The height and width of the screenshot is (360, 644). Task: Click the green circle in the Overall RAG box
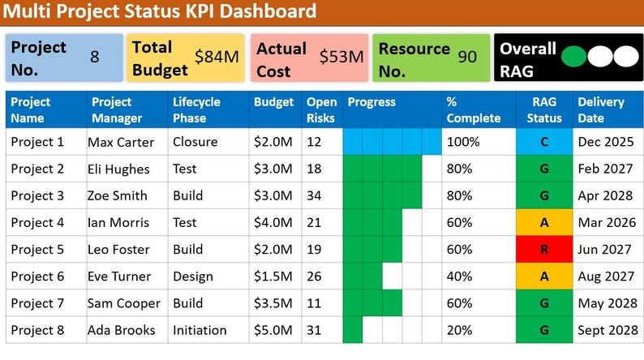coord(574,57)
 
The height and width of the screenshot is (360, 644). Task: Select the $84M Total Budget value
coord(217,57)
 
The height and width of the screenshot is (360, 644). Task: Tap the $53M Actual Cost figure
coord(341,57)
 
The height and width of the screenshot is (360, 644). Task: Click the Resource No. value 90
coord(467,57)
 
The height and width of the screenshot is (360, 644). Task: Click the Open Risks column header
coord(320,110)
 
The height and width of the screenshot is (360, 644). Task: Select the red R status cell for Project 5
coord(543,250)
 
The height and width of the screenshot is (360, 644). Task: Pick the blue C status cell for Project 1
coord(543,142)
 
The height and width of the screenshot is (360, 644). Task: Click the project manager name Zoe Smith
coord(118,195)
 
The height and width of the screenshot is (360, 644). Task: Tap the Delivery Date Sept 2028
coord(607,330)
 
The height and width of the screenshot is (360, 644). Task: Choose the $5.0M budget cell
coord(273,330)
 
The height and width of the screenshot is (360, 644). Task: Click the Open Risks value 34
coord(315,195)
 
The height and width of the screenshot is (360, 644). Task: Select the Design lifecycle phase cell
coord(194,276)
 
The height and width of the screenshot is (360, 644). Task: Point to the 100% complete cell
coord(464,142)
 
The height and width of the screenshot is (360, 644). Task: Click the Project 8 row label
coord(37,330)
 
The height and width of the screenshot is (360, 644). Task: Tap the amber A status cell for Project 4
coord(543,222)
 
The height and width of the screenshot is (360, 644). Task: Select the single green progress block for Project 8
coord(352,330)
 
